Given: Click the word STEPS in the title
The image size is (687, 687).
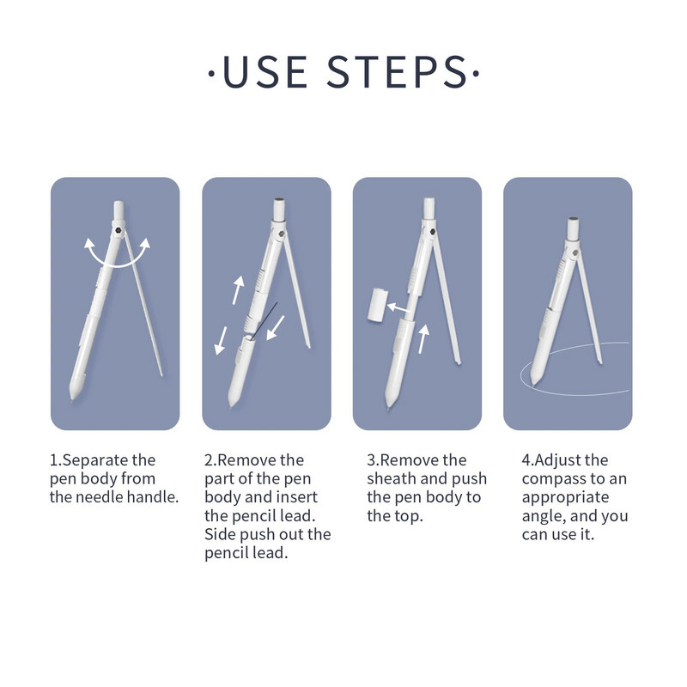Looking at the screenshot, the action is (397, 72).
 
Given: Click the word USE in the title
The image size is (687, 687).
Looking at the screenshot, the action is (265, 72).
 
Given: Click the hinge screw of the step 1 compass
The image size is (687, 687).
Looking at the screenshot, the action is (117, 229).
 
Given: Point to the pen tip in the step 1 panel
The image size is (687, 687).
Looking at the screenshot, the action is (72, 396).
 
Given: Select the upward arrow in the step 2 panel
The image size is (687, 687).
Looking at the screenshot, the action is (238, 289).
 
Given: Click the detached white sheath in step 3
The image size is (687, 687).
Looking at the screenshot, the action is (378, 305).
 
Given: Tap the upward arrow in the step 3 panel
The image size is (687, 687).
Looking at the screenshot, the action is (423, 338).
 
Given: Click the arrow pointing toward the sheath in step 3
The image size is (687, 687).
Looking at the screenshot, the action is (399, 307).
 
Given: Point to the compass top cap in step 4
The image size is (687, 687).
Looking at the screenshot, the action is (573, 228).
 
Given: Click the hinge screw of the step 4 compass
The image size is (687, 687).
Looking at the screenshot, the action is (575, 252).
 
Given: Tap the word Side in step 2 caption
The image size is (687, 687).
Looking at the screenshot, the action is (220, 534).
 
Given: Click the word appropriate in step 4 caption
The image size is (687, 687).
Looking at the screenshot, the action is (566, 498).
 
